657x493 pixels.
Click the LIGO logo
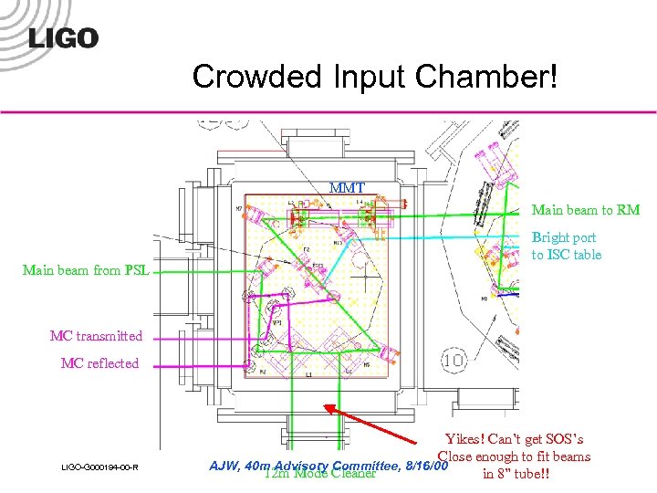(x=63, y=37)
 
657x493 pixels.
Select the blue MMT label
(x=347, y=188)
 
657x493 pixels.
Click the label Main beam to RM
(x=585, y=210)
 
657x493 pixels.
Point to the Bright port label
(x=563, y=237)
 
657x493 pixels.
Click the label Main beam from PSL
(x=86, y=269)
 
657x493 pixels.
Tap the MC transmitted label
(x=96, y=336)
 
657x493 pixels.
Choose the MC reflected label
(x=99, y=363)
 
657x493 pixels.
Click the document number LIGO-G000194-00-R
(x=99, y=468)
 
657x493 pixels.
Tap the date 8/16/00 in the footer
(x=425, y=466)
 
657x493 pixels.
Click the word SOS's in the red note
(x=564, y=439)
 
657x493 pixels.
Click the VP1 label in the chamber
(x=276, y=322)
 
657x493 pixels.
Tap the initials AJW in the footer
(x=224, y=466)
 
